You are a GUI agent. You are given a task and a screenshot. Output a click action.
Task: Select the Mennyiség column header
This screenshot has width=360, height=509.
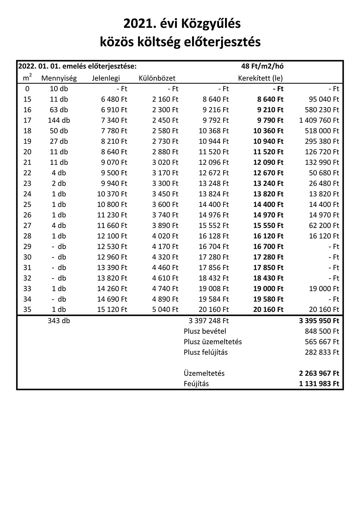(59, 78)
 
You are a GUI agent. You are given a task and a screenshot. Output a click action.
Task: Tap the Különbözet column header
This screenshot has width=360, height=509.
(157, 78)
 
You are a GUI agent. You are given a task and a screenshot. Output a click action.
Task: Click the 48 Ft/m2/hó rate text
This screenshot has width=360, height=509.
(262, 66)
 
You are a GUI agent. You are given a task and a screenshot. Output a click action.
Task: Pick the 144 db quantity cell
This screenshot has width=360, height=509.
(59, 120)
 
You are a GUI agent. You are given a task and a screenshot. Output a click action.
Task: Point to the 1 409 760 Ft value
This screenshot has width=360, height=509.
(319, 120)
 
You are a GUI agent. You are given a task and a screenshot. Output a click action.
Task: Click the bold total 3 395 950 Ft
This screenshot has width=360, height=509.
(319, 321)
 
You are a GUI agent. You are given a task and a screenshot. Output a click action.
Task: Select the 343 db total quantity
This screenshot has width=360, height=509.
(59, 321)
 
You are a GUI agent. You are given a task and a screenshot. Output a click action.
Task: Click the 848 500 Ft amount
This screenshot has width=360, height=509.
(322, 331)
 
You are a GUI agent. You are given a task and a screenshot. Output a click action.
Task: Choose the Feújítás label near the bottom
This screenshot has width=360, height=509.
(196, 384)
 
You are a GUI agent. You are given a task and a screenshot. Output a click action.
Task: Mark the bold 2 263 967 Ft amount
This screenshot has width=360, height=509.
(319, 373)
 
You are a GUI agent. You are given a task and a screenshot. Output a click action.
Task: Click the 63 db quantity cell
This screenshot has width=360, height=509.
(59, 110)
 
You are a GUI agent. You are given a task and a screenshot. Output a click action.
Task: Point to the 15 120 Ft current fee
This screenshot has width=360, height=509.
(112, 309)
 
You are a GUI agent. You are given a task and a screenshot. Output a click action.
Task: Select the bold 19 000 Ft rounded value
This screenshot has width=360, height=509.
(268, 288)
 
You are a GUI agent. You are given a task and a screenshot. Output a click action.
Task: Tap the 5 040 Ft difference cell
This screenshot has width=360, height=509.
(165, 309)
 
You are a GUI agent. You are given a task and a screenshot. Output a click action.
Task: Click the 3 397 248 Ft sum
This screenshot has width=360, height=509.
(209, 321)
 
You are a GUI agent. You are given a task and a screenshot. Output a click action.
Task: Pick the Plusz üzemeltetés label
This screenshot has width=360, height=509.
(213, 342)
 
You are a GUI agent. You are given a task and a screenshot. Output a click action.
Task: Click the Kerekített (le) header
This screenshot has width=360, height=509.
(260, 78)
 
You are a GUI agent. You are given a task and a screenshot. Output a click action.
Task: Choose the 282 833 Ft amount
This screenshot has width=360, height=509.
(322, 352)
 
